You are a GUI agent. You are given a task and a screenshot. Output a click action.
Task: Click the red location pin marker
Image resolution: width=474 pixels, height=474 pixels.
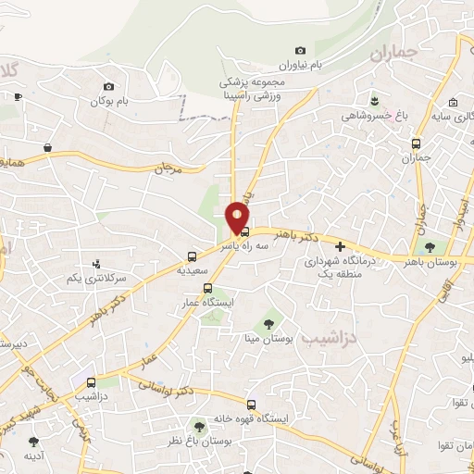238,217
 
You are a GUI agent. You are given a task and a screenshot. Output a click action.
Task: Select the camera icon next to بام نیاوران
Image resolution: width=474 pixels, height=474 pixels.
300,50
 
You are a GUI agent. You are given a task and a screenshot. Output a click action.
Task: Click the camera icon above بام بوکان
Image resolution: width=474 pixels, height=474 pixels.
109,86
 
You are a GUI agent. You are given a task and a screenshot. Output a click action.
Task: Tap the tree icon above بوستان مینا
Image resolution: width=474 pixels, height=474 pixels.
268,324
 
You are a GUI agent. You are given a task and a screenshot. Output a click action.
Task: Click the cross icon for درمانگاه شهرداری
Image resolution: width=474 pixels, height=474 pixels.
341,247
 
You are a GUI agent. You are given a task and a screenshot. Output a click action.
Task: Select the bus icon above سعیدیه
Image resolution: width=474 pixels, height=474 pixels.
192,256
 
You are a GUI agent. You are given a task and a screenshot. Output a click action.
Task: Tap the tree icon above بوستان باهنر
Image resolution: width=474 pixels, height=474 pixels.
432,247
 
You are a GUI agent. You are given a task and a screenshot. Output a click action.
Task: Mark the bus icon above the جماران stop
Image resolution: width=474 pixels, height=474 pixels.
416,143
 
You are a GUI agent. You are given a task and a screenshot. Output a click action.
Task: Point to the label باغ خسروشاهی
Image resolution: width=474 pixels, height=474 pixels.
372,116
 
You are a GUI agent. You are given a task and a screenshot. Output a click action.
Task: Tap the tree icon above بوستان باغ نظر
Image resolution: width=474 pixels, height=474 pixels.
197,425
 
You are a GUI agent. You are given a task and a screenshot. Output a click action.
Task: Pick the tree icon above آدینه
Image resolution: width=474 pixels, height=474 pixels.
34,442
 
